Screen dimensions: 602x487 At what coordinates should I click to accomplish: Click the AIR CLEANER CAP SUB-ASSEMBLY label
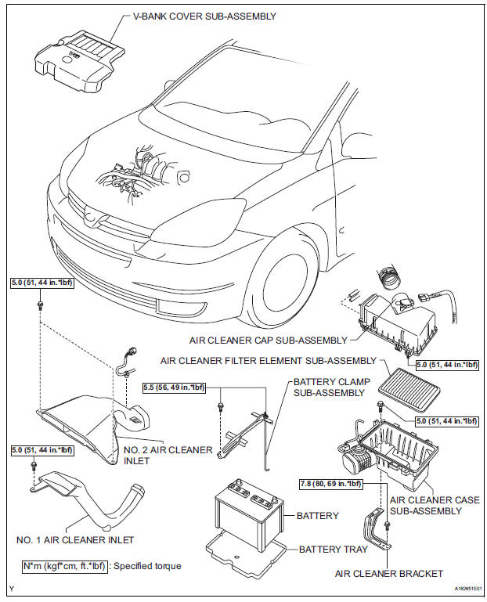(268, 340)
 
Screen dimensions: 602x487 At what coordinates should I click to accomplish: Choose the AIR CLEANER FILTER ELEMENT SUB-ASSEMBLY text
(268, 361)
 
